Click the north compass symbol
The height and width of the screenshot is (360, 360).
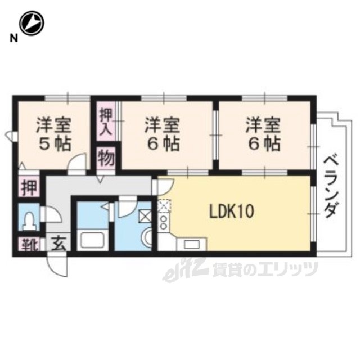pos(31,23)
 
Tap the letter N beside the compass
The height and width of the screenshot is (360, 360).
pos(14,38)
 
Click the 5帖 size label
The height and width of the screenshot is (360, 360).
pos(54,144)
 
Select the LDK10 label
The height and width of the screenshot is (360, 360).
pos(231,211)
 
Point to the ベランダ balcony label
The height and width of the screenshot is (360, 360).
pos(331,186)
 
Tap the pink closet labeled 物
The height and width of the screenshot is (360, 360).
pos(106,158)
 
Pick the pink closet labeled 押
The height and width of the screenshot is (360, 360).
pos(29,186)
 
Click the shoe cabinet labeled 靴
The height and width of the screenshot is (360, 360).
pos(29,244)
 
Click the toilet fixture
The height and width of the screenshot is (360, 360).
pos(29,221)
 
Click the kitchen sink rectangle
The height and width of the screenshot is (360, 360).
pos(192,244)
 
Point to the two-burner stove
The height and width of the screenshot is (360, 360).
pos(164,223)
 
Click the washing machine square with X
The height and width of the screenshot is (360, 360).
pos(145,216)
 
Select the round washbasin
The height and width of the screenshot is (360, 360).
pos(147,236)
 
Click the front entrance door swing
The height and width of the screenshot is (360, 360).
pos(57,264)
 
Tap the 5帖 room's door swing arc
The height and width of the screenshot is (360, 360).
pos(78,162)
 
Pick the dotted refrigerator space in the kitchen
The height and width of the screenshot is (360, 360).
pos(164,205)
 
